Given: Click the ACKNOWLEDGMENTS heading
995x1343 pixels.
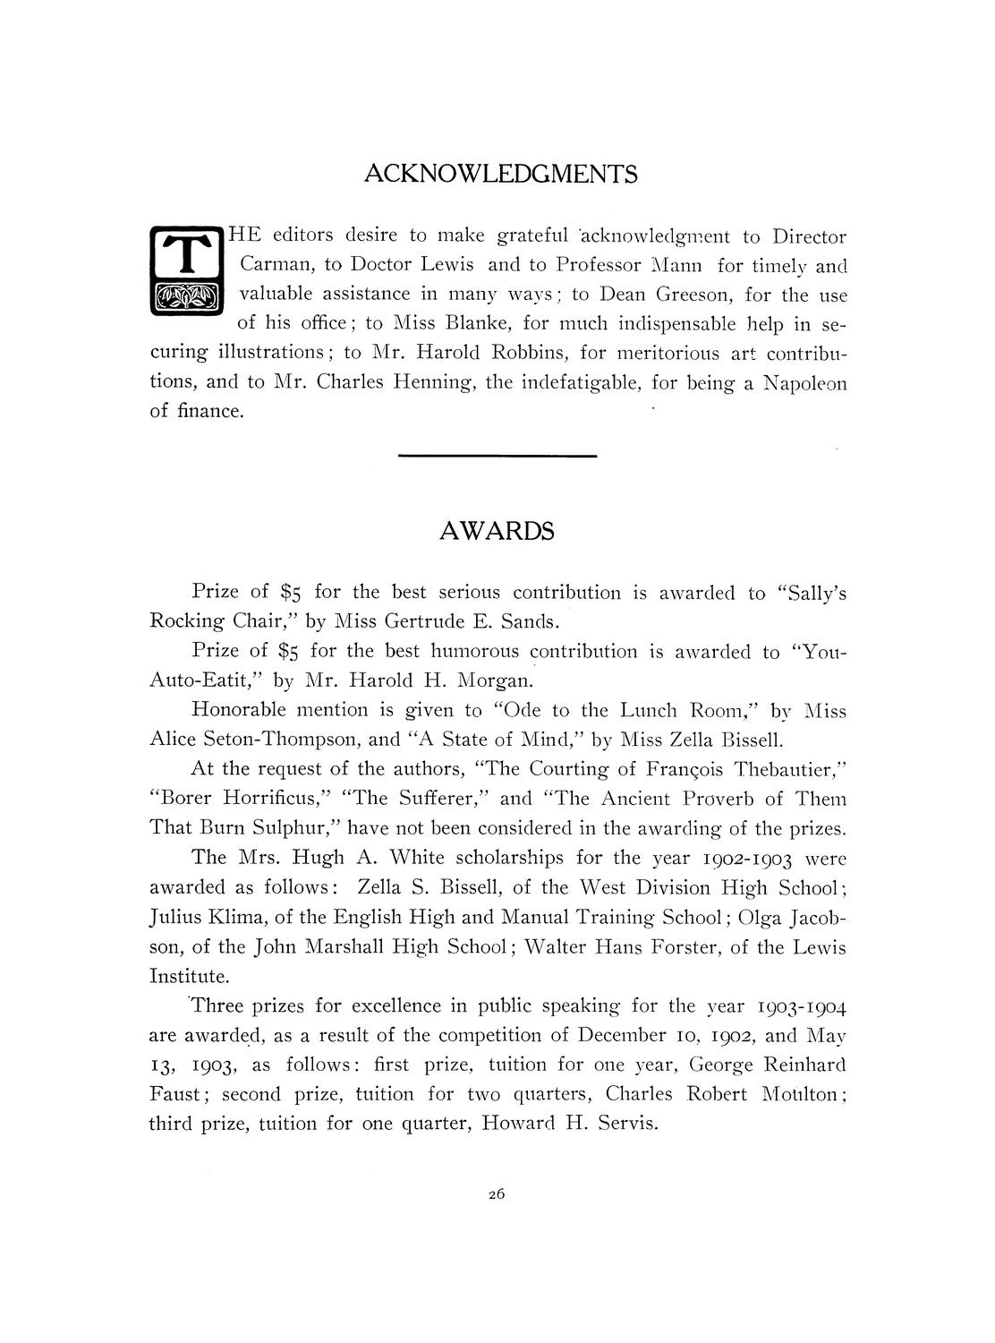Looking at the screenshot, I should pyautogui.click(x=501, y=173).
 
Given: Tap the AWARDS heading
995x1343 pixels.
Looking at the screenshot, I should pyautogui.click(x=497, y=531).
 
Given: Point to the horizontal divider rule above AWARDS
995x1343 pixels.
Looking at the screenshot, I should pyautogui.click(x=497, y=457).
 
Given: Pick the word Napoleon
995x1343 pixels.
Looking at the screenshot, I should pyautogui.click(x=800, y=382).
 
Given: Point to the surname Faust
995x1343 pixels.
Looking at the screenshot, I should pyautogui.click(x=175, y=1094).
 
